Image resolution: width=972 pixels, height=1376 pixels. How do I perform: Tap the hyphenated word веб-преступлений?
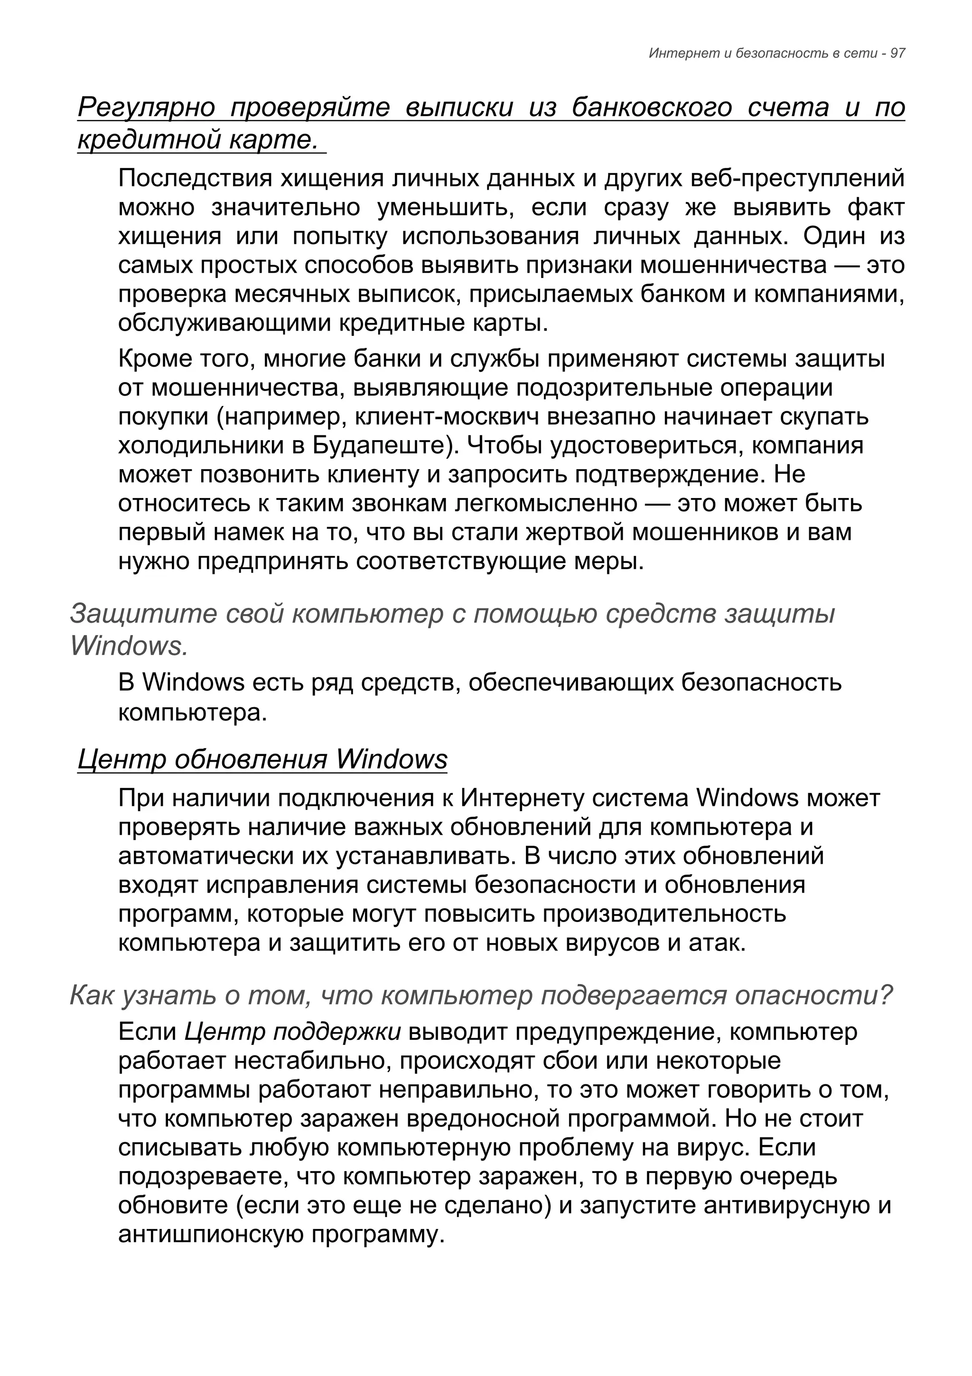(x=797, y=179)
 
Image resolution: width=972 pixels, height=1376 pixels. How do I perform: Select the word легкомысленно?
(x=546, y=503)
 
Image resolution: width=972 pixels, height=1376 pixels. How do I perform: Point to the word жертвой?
(x=575, y=532)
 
